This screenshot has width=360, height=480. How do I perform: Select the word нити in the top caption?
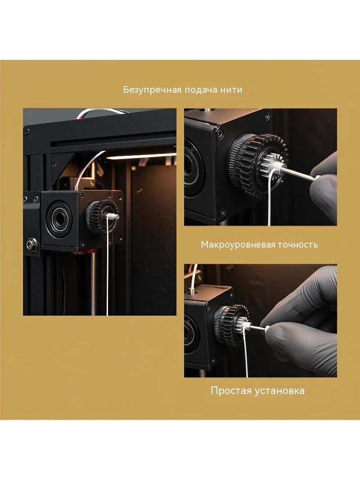click(231, 90)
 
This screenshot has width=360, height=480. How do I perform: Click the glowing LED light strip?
click(141, 157)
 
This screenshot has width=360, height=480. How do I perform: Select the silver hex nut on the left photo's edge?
click(32, 245)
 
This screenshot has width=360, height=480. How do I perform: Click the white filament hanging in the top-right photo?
click(270, 199)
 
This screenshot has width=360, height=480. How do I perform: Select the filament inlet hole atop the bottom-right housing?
click(191, 291)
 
